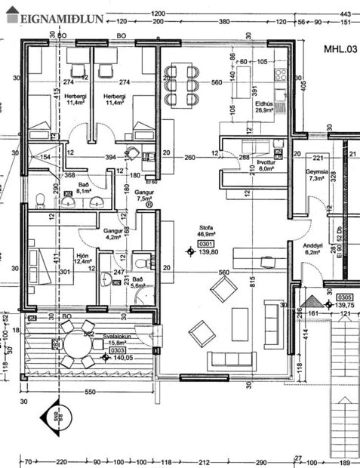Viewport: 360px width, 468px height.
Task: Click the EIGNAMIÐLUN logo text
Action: coord(51,17)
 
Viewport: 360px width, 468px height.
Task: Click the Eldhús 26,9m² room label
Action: coord(263,106)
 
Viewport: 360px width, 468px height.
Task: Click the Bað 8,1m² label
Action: coord(85,188)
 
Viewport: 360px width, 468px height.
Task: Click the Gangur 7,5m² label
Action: coord(143,196)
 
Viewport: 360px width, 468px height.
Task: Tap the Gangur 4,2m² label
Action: coord(112,233)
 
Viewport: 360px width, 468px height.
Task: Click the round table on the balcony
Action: coord(78,345)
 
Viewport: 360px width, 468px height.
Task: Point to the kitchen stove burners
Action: coord(280,75)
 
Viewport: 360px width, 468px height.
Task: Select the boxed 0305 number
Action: coord(346,297)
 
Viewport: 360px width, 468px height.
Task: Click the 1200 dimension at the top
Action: coord(158,14)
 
